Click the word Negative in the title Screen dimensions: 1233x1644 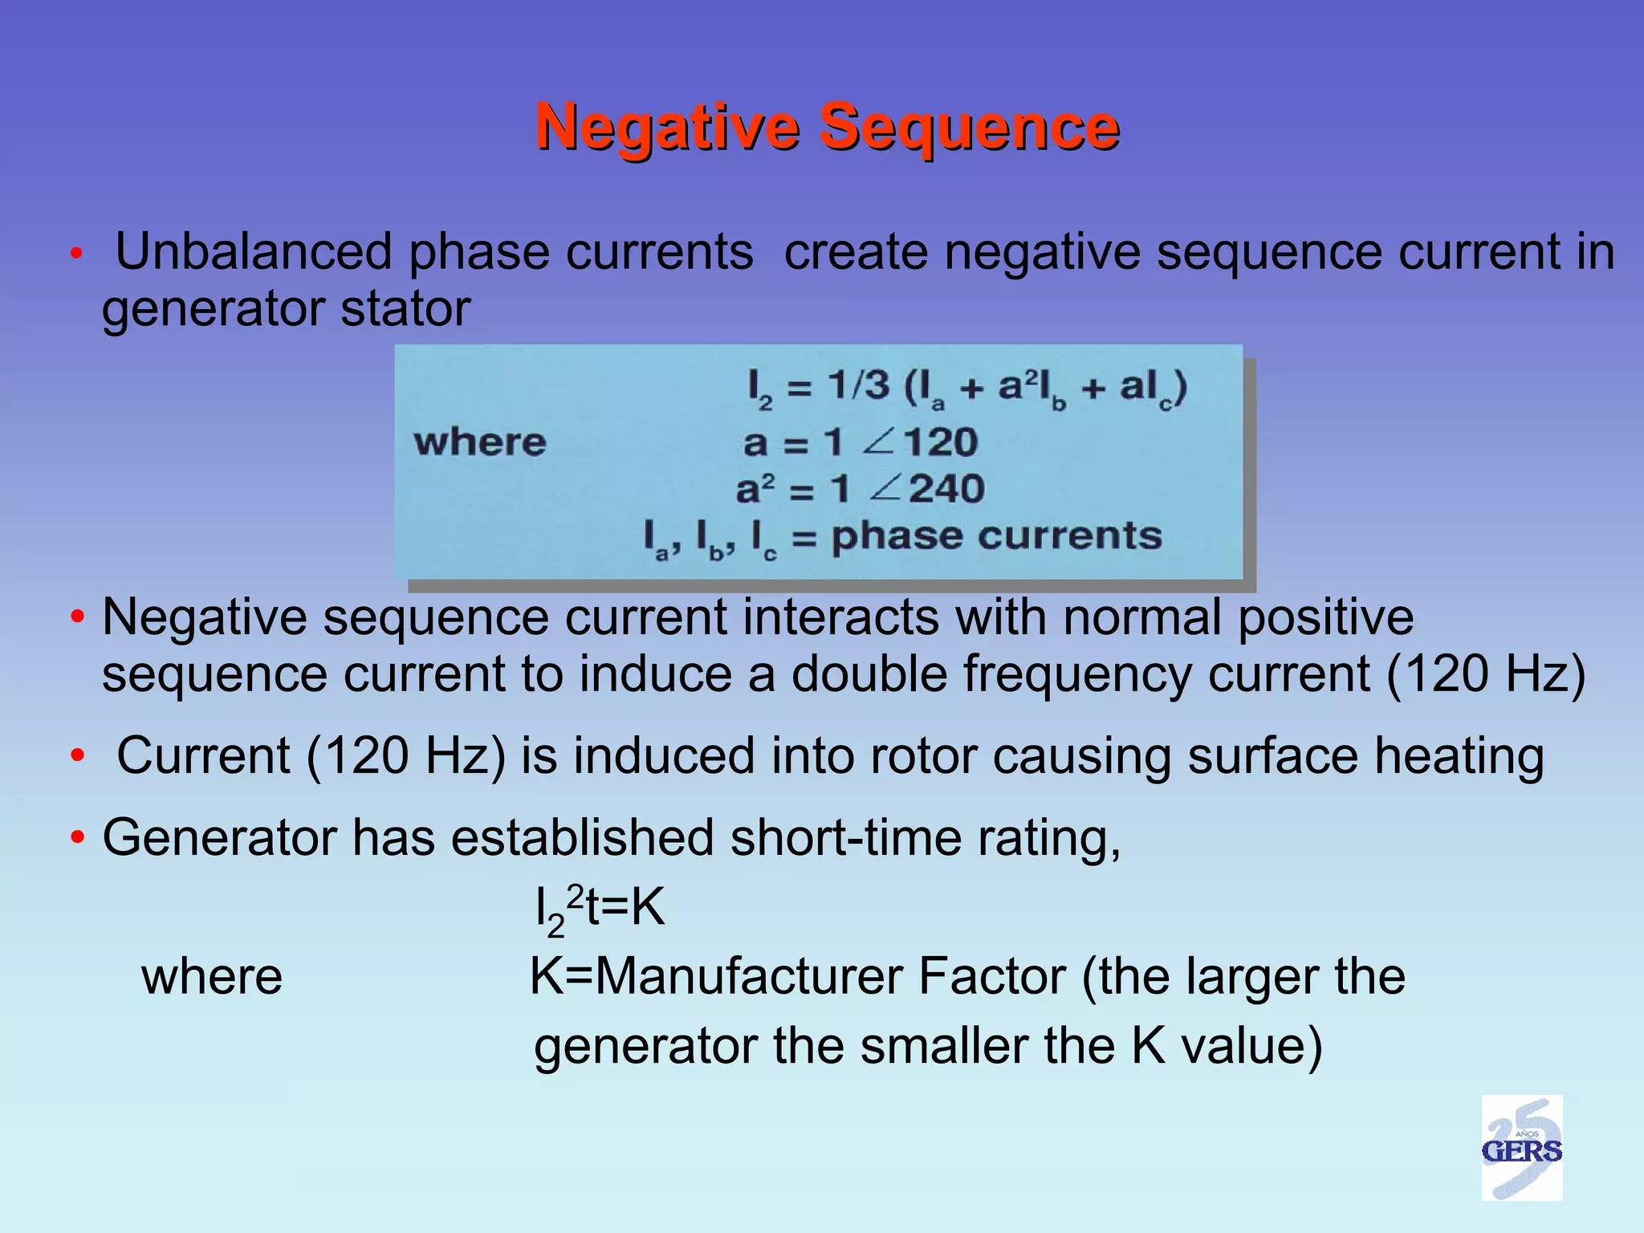click(668, 128)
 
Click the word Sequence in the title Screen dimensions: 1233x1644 click(969, 128)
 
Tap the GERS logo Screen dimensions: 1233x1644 click(1521, 1149)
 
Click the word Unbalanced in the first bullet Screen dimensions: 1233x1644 click(257, 253)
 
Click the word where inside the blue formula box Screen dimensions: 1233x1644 click(480, 442)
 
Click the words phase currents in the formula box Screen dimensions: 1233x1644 click(996, 536)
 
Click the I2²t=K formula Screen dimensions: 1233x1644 click(600, 911)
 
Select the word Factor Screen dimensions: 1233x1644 click(992, 977)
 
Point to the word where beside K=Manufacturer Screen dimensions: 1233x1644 click(212, 977)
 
